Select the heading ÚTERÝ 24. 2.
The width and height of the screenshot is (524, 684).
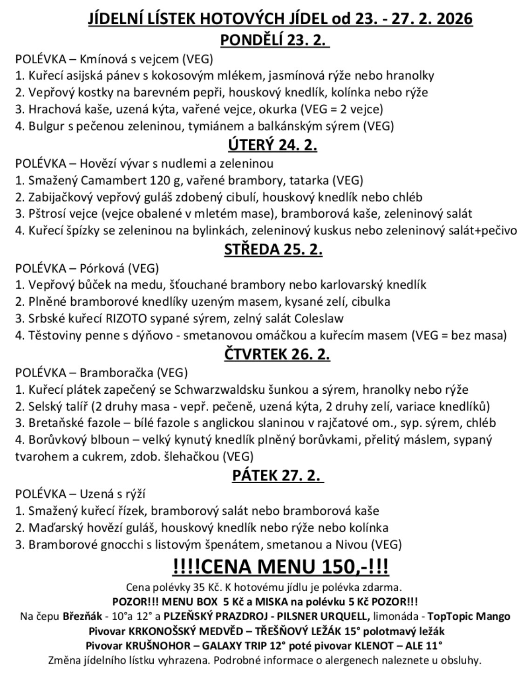tap(272, 145)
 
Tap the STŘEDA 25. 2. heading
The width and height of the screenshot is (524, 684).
tap(273, 249)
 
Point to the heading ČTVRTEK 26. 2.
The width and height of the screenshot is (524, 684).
tap(277, 354)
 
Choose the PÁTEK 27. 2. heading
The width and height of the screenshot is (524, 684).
tap(277, 475)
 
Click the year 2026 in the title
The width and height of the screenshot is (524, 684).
tap(449, 19)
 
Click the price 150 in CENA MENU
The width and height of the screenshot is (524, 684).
tap(341, 567)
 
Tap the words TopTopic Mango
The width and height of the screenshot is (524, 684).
tap(469, 616)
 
